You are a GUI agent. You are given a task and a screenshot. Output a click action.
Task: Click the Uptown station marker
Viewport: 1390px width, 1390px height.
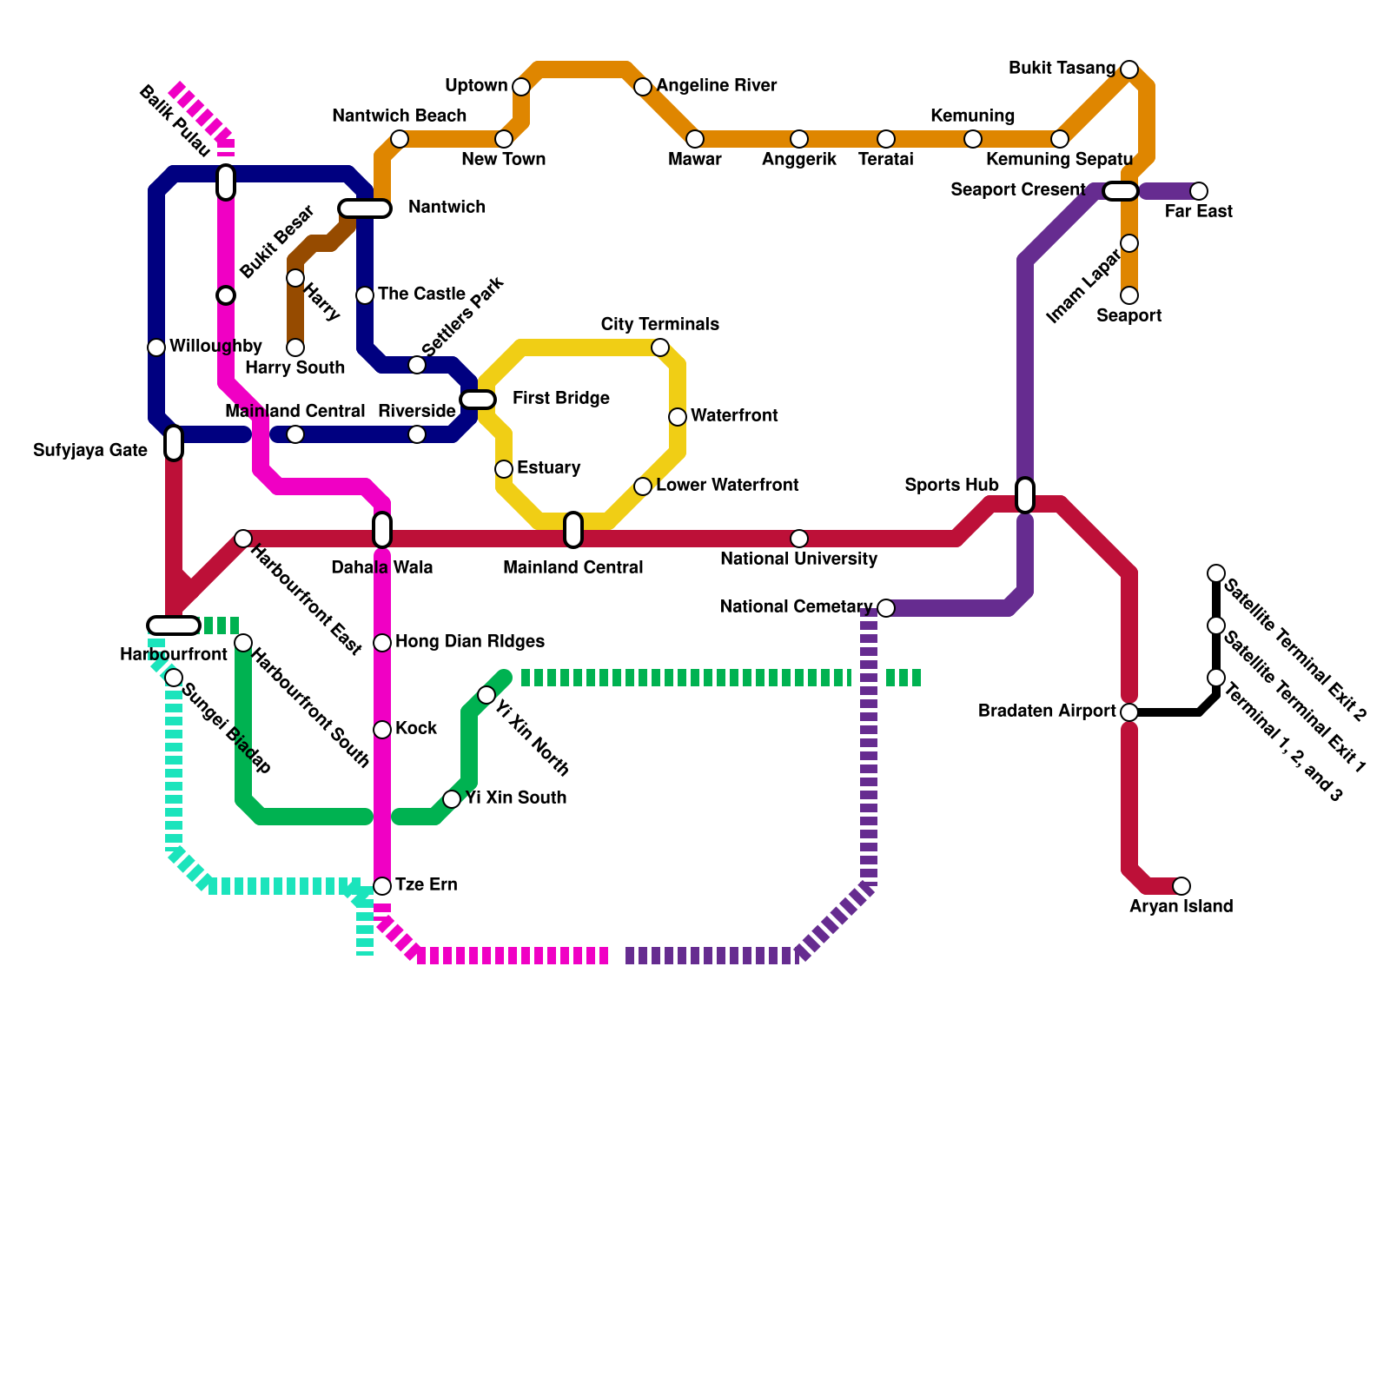tap(520, 87)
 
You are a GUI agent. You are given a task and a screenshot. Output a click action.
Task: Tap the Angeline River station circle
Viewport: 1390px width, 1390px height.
tap(642, 87)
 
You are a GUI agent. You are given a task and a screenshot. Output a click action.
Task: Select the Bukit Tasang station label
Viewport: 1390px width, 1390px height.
tap(1062, 69)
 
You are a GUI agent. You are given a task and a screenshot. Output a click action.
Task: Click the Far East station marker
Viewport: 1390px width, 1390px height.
tap(1198, 191)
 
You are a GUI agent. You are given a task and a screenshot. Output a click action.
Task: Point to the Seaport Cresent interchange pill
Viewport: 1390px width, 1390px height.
tap(1121, 191)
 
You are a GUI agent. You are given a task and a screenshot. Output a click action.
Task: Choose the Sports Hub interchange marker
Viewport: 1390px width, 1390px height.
tap(1025, 495)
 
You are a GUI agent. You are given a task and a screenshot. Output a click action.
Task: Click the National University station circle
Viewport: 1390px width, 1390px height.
tap(799, 539)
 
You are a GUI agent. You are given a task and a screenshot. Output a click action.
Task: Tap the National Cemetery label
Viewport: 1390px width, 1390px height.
tap(796, 607)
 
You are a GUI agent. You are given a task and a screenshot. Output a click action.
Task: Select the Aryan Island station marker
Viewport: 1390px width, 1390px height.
tap(1181, 886)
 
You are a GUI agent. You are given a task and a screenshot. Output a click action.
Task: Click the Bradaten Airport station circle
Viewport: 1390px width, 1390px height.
tap(1129, 712)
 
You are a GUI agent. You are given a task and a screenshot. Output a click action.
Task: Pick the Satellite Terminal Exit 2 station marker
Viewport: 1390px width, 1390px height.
tap(1216, 573)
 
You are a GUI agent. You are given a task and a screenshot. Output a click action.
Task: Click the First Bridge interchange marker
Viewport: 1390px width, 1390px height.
tap(478, 400)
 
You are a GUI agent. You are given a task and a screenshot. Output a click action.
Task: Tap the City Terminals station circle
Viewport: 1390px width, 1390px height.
tap(660, 347)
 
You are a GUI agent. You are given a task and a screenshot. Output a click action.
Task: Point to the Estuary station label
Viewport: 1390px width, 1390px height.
tap(548, 468)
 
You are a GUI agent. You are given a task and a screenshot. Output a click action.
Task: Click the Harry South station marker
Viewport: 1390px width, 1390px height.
tap(295, 347)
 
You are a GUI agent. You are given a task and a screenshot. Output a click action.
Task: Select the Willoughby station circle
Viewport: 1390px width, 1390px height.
tap(156, 347)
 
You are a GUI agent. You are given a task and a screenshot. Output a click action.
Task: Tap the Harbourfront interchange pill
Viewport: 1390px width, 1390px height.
tap(174, 625)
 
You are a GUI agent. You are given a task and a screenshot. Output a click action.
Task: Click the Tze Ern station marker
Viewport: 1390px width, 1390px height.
tap(382, 886)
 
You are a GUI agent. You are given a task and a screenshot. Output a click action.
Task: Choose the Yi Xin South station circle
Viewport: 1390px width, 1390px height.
tap(452, 799)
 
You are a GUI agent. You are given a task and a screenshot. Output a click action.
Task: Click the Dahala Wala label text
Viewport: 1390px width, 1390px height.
tap(382, 568)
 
